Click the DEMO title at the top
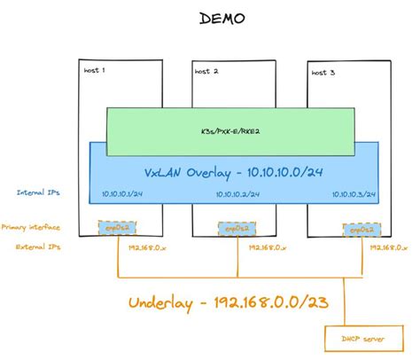pos(209,18)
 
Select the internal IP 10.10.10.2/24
pos(235,194)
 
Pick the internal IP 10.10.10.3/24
pos(353,194)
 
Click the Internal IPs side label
pos(36,192)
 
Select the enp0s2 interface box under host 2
pos(236,229)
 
